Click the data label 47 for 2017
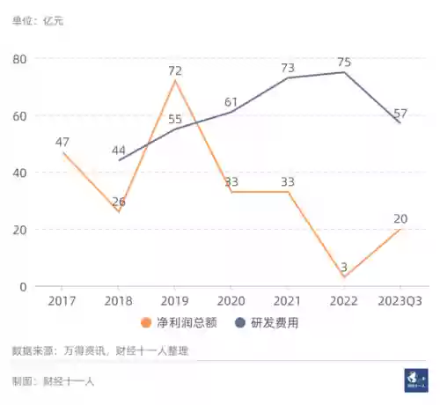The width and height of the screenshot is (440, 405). point(62,142)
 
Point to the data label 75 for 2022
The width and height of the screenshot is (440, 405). point(344,62)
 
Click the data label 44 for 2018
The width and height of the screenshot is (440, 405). point(120,151)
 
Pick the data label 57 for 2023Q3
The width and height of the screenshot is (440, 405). point(401,113)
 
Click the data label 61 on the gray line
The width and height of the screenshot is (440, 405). point(231,101)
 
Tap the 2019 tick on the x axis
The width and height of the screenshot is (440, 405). point(175,301)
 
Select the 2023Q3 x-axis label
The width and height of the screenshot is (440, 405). point(399,301)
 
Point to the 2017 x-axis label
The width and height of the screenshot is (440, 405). point(62,301)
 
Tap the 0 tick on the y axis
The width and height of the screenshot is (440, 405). point(24,286)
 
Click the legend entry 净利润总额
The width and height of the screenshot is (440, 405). point(187,323)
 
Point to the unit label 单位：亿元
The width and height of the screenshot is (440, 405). point(38,20)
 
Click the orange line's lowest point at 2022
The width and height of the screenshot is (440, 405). point(344,277)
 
